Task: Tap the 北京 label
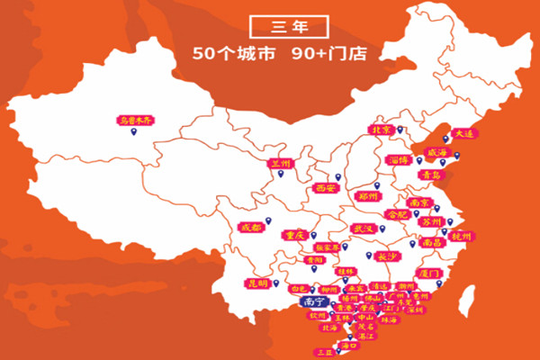[x=381, y=130]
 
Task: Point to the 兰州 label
[x=282, y=165]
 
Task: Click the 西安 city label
[x=326, y=189]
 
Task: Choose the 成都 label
[x=252, y=228]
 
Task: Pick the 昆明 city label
[x=256, y=283]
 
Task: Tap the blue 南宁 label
[x=313, y=301]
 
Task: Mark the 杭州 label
[x=461, y=236]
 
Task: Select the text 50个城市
[x=229, y=51]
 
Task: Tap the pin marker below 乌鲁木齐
[x=134, y=133]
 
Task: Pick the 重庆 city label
[x=294, y=235]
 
